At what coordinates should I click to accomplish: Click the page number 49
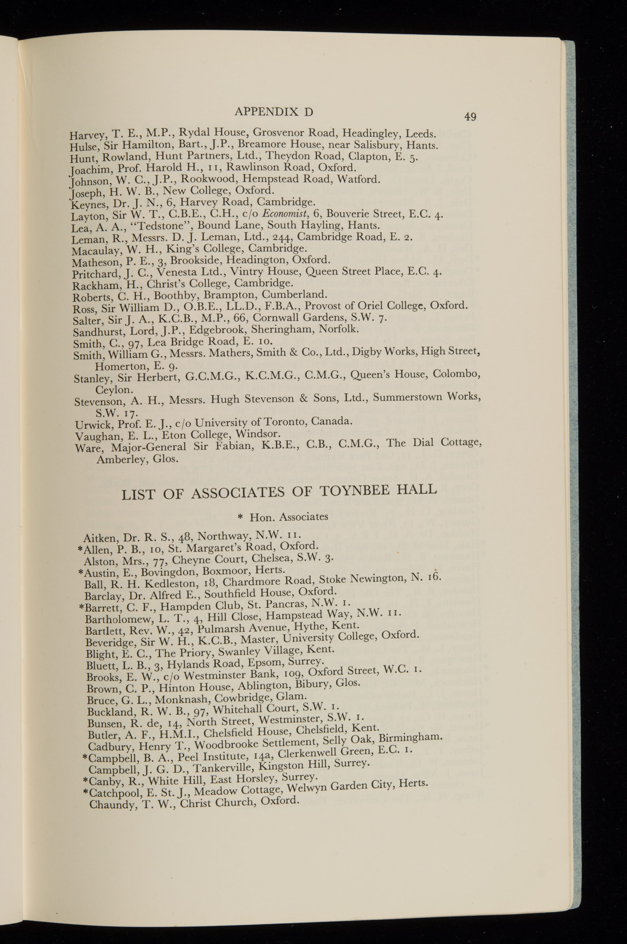coord(470,117)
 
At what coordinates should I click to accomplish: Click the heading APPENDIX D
coord(274,112)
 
